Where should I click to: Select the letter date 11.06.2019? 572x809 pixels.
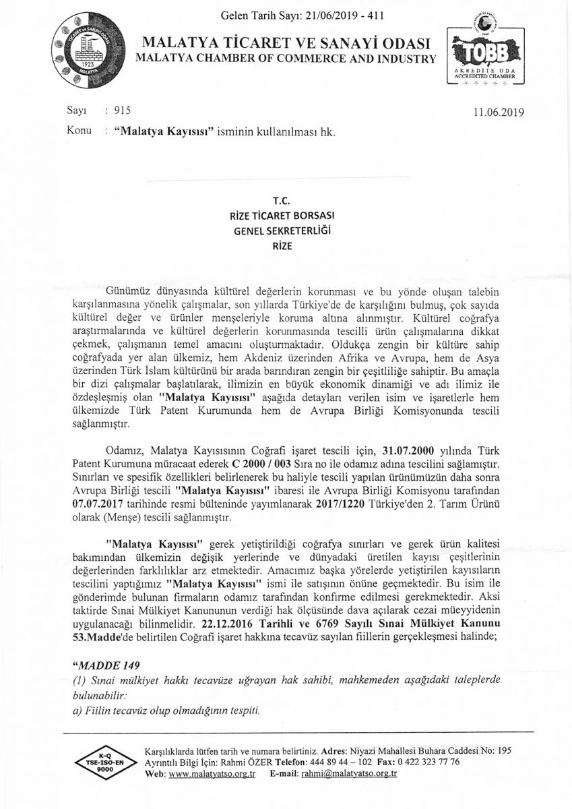point(499,113)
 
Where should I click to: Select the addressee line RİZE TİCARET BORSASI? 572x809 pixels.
point(286,215)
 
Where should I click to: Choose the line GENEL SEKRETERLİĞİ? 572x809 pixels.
point(286,230)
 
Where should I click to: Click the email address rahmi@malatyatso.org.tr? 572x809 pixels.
point(349,774)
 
